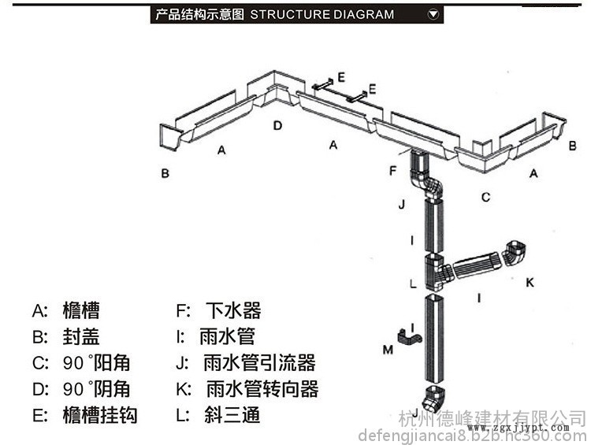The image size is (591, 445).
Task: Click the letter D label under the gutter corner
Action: click(277, 125)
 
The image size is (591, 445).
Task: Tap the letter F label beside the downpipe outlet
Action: click(393, 169)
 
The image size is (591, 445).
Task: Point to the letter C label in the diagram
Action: click(486, 196)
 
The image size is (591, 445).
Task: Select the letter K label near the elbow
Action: click(530, 280)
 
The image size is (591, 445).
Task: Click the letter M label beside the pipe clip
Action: click(388, 348)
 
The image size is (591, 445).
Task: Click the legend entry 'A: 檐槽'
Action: click(66, 310)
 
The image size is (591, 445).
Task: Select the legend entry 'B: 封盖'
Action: click(66, 337)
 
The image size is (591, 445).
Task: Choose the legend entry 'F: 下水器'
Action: click(219, 310)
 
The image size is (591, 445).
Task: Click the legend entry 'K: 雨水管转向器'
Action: click(247, 389)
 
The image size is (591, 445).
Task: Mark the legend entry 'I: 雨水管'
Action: click(216, 337)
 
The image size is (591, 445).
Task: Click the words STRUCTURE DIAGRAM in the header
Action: click(322, 14)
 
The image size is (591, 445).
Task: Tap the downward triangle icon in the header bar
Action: click(433, 14)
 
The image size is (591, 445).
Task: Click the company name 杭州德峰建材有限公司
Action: click(492, 417)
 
